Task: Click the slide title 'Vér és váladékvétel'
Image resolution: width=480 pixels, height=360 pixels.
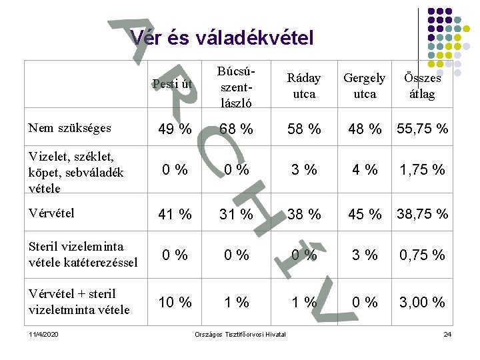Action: coord(222,38)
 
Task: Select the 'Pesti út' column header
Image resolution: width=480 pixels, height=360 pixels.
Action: coord(172,84)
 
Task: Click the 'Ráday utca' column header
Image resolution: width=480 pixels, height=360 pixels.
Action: coord(304,86)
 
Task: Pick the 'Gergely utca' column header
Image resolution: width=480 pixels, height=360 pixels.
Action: coord(364,86)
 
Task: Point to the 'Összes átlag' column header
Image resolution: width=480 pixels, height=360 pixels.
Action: coord(422,86)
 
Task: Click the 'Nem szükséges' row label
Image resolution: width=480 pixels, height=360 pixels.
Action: coord(70,127)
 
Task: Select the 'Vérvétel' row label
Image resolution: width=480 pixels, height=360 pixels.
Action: coord(52,213)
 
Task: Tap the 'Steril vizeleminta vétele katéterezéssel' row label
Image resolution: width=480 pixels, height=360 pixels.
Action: coord(83,255)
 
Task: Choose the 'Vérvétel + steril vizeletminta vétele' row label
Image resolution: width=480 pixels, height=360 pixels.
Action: coord(79,301)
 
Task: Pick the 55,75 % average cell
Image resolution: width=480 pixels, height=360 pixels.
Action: coord(423,129)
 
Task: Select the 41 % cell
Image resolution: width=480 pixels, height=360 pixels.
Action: coord(175,215)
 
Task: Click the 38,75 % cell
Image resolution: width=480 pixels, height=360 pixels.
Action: coord(423,215)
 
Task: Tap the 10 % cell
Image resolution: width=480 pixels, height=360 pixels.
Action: coord(175,302)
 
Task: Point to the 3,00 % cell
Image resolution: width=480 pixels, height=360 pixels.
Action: coord(423,302)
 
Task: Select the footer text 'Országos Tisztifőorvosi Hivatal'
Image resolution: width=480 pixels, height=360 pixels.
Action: coord(240,333)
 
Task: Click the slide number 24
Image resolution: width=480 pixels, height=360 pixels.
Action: coord(447,333)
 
